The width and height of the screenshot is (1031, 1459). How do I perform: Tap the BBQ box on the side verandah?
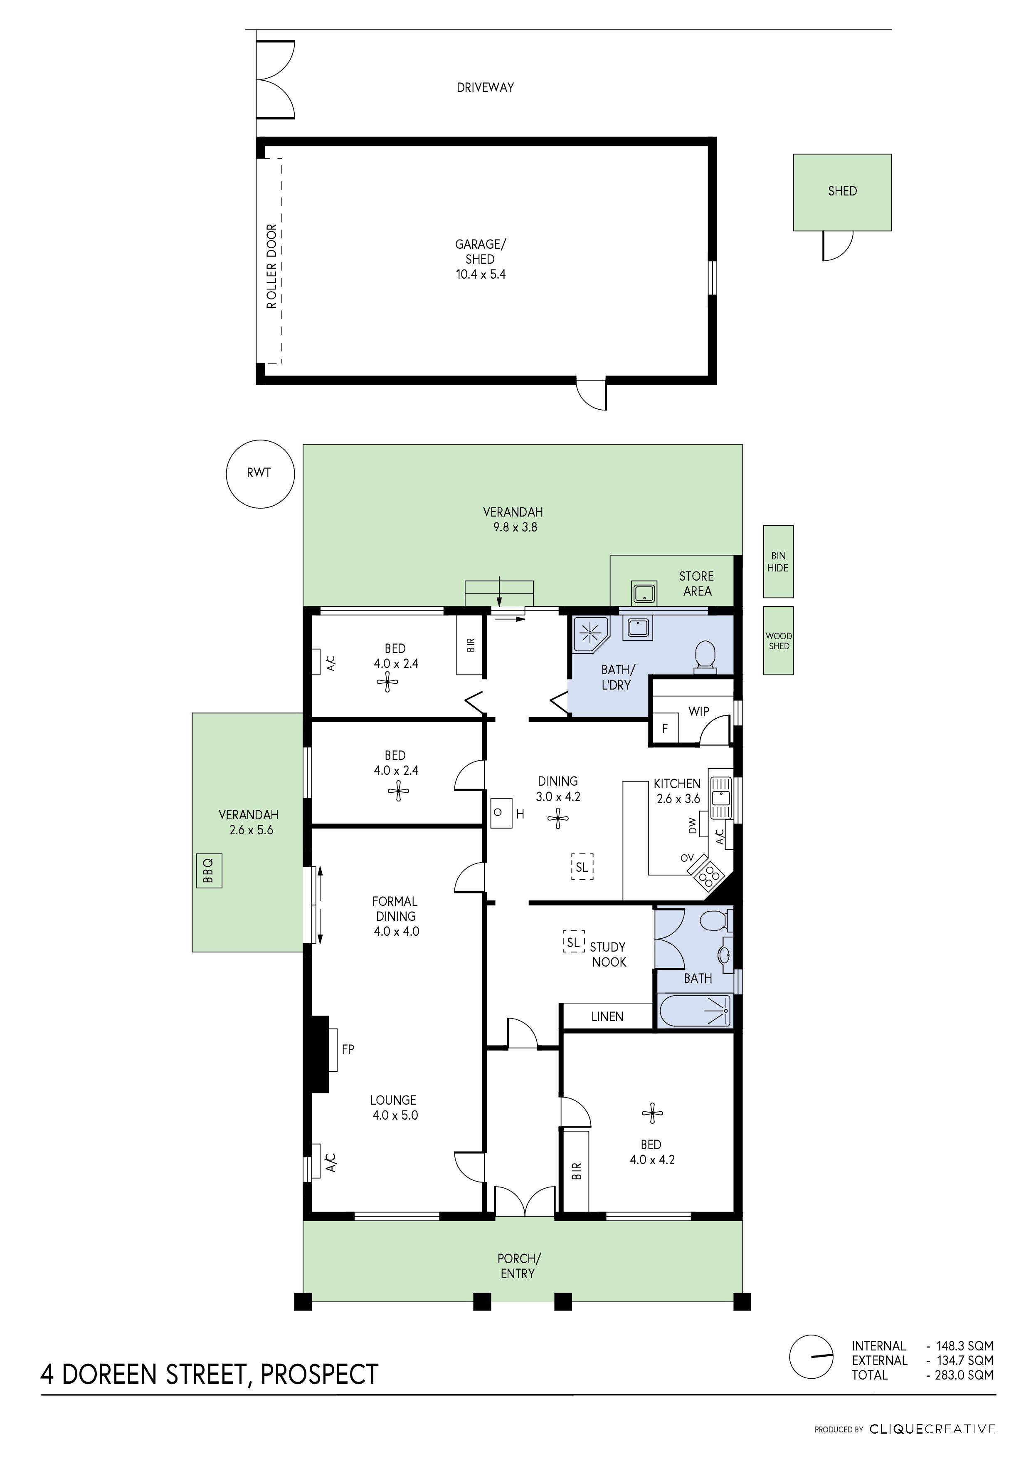pos(209,870)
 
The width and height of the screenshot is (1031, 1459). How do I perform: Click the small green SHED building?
pos(842,192)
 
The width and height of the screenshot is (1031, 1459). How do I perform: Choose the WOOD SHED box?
pos(778,640)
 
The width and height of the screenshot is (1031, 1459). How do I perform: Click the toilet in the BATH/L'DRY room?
pos(705,656)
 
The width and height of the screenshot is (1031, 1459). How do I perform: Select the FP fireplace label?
pos(348,1049)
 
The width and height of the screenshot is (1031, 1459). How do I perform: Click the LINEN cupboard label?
pos(607,1017)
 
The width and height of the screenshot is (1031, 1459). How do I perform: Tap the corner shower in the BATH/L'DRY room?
pos(589,633)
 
